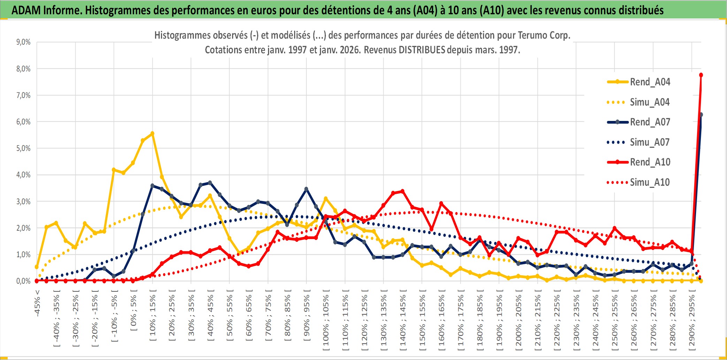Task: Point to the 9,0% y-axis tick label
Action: click(23, 42)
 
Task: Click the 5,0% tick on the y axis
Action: click(23, 148)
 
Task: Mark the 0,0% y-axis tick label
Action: click(23, 281)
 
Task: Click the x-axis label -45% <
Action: click(37, 303)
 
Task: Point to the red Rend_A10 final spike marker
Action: click(701, 75)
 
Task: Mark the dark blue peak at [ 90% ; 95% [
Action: click(306, 189)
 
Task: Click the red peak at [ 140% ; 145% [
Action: click(403, 191)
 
